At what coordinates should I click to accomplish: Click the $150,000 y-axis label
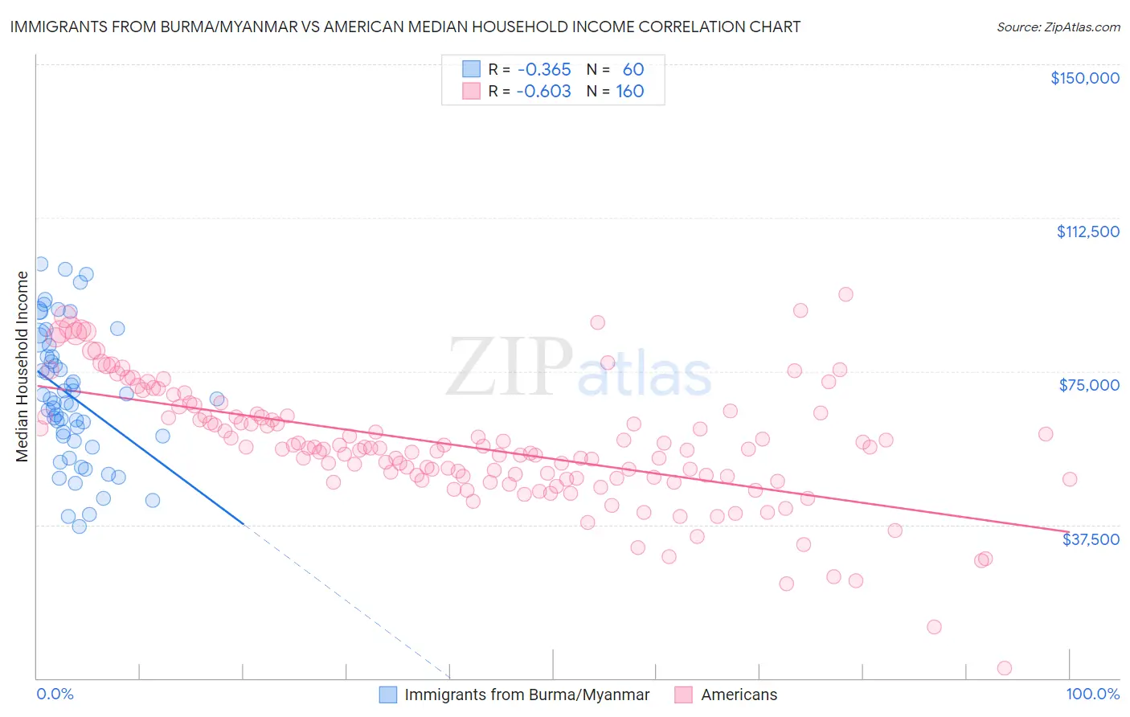[1084, 78]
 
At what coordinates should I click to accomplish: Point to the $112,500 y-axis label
[1087, 231]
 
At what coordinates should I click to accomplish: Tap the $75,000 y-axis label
[1089, 385]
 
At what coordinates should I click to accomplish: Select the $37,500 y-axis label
[1091, 539]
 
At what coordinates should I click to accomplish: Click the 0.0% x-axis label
[55, 694]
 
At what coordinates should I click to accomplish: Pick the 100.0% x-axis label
[1092, 694]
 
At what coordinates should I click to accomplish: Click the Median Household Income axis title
[22, 367]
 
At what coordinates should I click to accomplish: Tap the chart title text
[405, 27]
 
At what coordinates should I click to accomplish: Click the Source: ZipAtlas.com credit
[1058, 27]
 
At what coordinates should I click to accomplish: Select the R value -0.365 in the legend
[544, 69]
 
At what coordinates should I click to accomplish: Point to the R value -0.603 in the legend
[544, 91]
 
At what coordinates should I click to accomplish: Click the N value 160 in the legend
[630, 91]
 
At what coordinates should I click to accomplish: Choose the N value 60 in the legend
[633, 69]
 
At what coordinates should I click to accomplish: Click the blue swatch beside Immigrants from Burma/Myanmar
[388, 694]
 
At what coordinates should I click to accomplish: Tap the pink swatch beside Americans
[684, 694]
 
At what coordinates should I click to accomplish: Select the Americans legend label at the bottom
[739, 694]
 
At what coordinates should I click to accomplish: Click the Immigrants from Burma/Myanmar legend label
[526, 694]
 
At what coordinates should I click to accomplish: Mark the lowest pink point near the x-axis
[1004, 668]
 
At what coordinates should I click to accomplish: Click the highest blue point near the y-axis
[41, 264]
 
